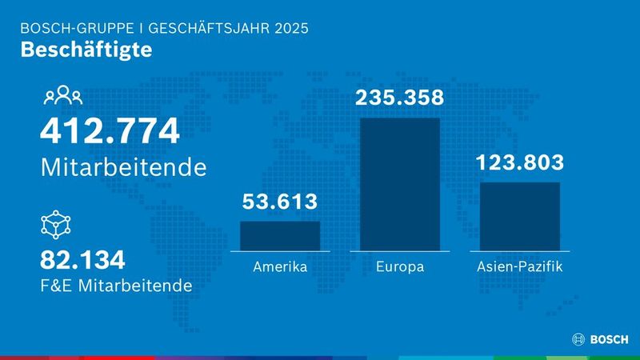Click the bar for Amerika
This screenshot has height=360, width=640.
[x=280, y=235]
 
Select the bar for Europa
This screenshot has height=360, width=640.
[x=399, y=183]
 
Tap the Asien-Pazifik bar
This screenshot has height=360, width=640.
[x=519, y=215]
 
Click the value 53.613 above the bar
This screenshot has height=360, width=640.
[x=280, y=202]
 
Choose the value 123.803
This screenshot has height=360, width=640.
[x=519, y=162]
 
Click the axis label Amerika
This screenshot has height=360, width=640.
[x=280, y=266]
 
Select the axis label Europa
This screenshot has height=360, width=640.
[x=399, y=266]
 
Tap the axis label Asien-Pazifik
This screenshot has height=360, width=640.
[x=519, y=266]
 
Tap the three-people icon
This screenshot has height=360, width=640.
[x=62, y=96]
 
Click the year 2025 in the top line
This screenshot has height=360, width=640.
[x=290, y=28]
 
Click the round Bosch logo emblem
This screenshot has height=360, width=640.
[x=579, y=340]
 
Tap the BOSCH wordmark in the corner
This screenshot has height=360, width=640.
[x=610, y=340]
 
